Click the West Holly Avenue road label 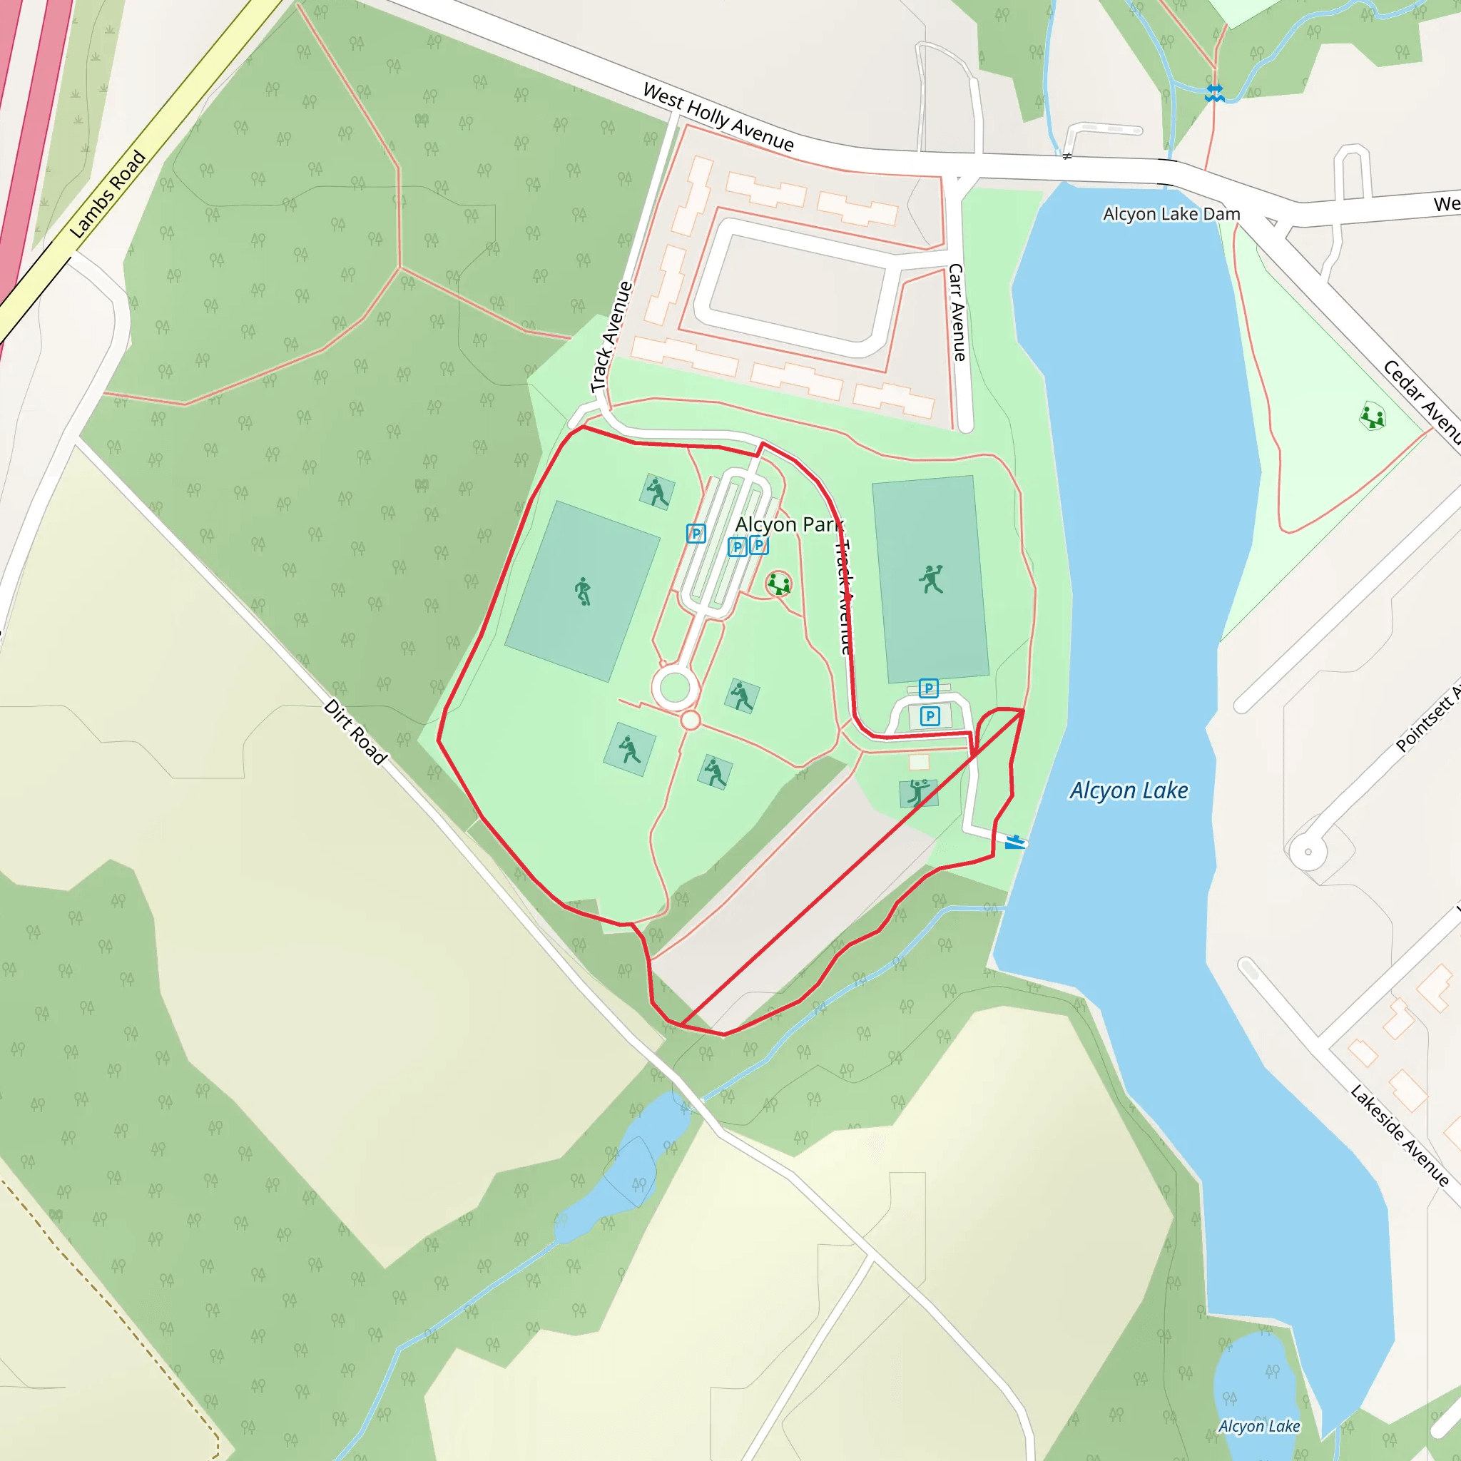coord(718,117)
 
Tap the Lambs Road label coord(108,193)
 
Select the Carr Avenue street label coord(957,312)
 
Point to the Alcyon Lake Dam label coord(1171,214)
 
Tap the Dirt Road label coord(355,731)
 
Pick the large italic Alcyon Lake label coord(1129,790)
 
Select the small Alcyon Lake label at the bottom coord(1259,1425)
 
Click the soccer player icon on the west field coord(582,591)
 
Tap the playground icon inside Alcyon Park coord(778,584)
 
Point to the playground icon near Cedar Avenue coord(1372,417)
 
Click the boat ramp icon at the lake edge coord(1015,842)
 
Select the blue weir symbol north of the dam coord(1214,93)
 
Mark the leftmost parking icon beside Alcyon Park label coord(696,534)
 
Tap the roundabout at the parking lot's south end coord(676,688)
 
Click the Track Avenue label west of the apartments coord(611,337)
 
